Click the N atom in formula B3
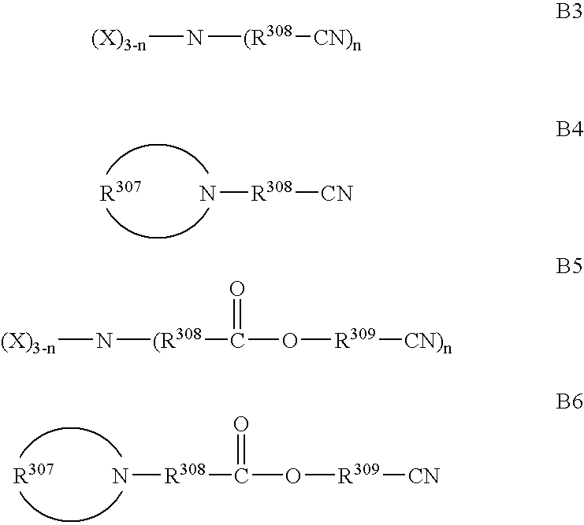coord(193,38)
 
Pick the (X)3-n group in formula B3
coord(119,40)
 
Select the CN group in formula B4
coord(336,193)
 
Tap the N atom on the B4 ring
coord(207,193)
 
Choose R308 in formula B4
coord(271,192)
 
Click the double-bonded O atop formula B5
coord(236,290)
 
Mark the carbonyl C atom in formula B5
coord(236,342)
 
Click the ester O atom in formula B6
coord(293,475)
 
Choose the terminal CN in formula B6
coord(422,475)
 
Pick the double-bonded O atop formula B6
coord(242,425)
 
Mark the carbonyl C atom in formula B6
coord(242,475)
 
